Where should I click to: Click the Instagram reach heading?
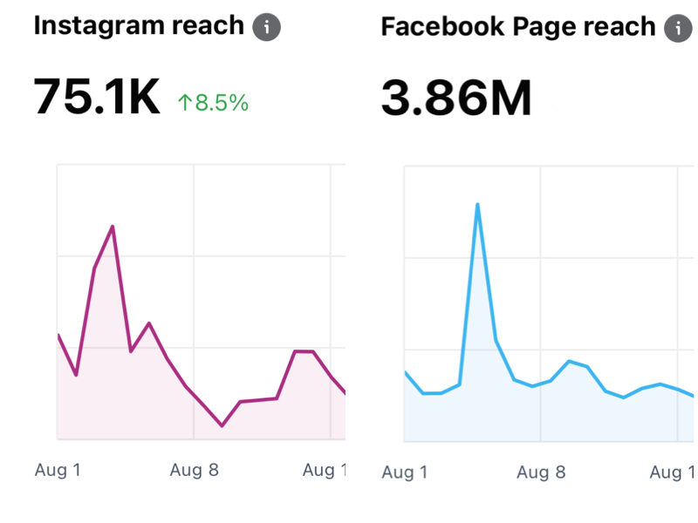point(140,26)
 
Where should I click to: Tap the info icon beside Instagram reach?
point(267,27)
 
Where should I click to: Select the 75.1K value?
point(97,97)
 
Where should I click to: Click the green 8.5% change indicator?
point(214,103)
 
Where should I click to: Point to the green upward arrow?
point(184,103)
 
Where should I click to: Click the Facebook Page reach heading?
point(518,27)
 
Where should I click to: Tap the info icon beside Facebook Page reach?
point(677,28)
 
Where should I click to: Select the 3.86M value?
point(456,98)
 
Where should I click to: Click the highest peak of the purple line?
point(113,227)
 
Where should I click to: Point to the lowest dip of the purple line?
point(222,425)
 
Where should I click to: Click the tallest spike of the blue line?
point(477,205)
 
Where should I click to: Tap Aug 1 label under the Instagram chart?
point(58,471)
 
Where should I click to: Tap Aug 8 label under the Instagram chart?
point(194,471)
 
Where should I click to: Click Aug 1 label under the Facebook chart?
point(405,472)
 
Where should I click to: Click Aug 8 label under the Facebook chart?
point(541,472)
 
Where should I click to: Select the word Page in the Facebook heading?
point(543,27)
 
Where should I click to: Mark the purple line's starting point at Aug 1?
point(58,335)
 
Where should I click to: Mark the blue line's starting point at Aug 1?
point(405,372)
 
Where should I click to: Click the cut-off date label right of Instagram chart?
point(324,471)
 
